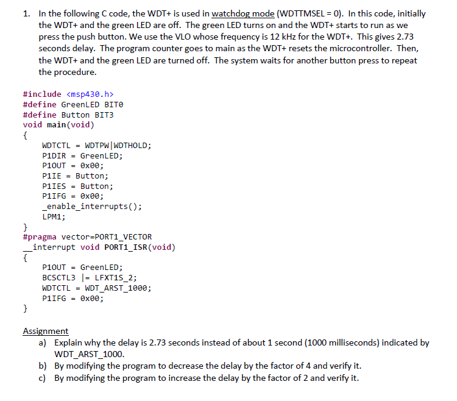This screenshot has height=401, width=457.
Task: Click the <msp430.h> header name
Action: point(89,94)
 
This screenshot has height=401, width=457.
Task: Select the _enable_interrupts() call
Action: point(91,206)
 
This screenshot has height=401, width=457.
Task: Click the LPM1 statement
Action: point(53,216)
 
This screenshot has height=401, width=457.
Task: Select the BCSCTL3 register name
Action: point(58,277)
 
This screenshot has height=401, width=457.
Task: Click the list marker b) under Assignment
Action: point(43,366)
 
